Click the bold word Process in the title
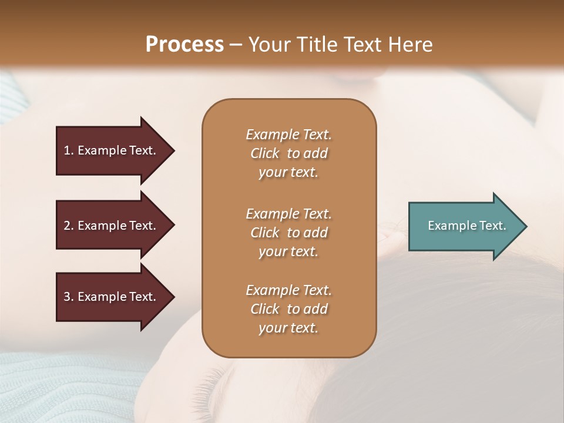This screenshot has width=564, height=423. [184, 45]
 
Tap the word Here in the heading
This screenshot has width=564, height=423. [411, 45]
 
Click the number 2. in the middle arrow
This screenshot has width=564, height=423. [68, 226]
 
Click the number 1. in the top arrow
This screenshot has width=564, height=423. [68, 150]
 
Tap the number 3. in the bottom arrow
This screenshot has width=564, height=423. [68, 297]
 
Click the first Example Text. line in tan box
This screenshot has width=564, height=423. [288, 135]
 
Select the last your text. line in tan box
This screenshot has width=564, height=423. [288, 328]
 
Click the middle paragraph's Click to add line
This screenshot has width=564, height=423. [288, 233]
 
